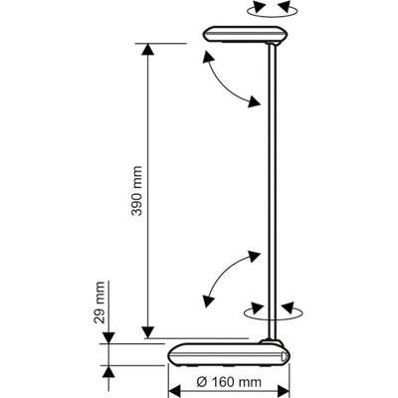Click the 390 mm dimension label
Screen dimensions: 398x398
(136, 191)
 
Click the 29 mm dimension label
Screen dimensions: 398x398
(99, 302)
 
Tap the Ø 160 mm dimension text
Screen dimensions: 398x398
(229, 382)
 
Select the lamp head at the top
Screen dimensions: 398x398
(246, 35)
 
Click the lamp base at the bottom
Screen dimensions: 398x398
(230, 354)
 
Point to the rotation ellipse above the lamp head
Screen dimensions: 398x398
(272, 11)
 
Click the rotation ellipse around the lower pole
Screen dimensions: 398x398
(273, 313)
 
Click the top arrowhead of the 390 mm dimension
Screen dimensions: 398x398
(148, 50)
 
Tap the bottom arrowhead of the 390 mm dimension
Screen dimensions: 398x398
(148, 332)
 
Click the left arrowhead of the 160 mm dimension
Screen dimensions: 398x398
(175, 391)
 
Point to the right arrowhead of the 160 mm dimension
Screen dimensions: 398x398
(284, 391)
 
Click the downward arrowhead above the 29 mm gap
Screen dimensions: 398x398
(108, 337)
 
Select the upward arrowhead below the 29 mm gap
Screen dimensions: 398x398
(108, 373)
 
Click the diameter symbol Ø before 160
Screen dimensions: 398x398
(201, 382)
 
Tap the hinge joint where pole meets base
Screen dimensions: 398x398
(271, 342)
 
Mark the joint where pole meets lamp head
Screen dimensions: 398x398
(273, 44)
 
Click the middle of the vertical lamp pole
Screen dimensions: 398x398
(272, 192)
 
